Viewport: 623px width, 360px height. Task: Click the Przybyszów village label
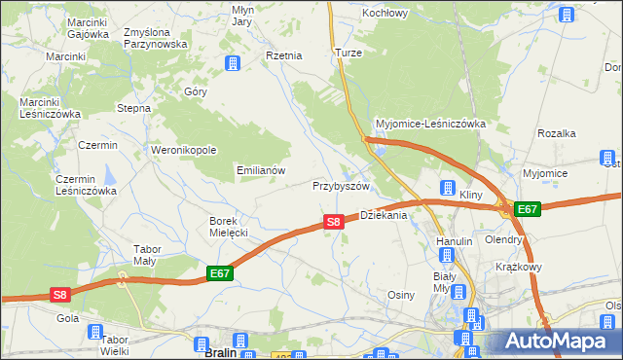pos(341,185)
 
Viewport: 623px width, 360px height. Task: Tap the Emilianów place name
pos(261,169)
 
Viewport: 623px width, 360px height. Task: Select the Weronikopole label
pos(183,150)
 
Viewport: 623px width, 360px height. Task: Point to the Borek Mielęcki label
pos(229,227)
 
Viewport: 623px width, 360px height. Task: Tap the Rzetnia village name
pos(284,55)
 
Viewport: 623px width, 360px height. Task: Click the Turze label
pos(348,53)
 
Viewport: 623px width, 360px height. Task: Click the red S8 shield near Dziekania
pos(333,222)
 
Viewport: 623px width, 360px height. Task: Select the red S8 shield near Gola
pos(60,295)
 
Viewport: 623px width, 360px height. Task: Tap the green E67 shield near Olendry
pos(527,209)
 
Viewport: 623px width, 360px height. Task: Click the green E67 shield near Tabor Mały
pos(220,274)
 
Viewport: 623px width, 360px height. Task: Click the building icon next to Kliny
pos(448,188)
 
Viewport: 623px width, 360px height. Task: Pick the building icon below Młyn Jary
pos(233,64)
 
